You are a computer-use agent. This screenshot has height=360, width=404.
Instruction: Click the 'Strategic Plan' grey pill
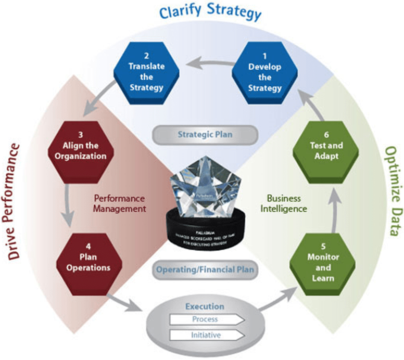click(205, 134)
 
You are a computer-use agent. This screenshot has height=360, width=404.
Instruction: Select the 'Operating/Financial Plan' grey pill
click(205, 269)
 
